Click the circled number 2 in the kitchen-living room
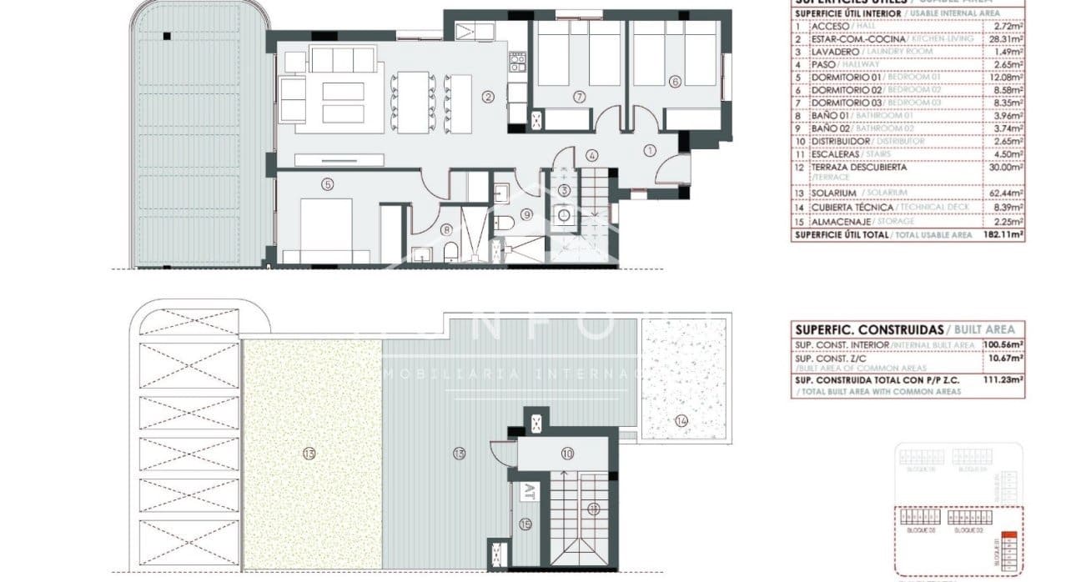click(x=488, y=97)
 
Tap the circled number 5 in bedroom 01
click(x=328, y=184)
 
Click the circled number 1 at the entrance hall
click(x=650, y=149)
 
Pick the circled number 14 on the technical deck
click(x=681, y=421)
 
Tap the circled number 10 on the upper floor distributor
click(x=567, y=454)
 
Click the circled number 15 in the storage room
click(x=525, y=524)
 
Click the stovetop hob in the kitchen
click(x=517, y=61)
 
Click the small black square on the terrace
click(x=167, y=36)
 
